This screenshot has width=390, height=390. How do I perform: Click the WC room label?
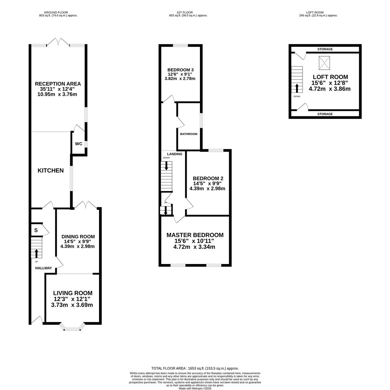(x=79, y=144)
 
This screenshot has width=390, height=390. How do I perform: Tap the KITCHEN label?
(x=51, y=170)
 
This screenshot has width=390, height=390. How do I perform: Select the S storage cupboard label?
(x=36, y=230)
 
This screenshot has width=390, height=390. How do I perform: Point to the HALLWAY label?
(x=44, y=268)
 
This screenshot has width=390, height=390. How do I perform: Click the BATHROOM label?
(x=189, y=134)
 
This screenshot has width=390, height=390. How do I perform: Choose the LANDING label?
(x=175, y=154)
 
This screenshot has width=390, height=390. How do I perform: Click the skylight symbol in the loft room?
(x=324, y=63)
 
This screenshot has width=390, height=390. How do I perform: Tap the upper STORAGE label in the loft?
(x=325, y=49)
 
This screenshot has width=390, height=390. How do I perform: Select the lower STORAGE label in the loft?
(x=325, y=114)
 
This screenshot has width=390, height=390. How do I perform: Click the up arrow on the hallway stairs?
(x=37, y=253)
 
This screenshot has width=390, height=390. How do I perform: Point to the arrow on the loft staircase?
(x=297, y=88)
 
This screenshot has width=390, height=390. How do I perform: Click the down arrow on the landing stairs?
(x=166, y=166)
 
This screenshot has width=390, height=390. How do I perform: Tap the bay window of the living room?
(x=72, y=327)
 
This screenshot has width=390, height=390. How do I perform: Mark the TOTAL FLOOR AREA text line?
(x=195, y=368)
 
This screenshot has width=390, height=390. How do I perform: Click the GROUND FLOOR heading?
(x=56, y=12)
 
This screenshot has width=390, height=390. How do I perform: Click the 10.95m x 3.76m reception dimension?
(x=57, y=94)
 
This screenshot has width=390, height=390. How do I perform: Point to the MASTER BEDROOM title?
(x=195, y=235)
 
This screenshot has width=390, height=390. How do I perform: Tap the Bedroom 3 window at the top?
(x=180, y=45)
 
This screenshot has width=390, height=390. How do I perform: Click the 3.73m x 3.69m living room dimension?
(x=72, y=305)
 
